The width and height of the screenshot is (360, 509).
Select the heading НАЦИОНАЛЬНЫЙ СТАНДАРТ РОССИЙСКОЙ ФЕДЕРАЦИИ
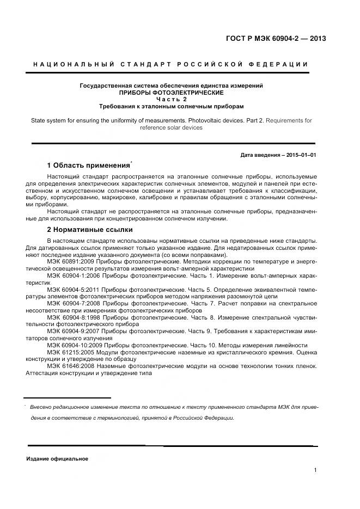170,64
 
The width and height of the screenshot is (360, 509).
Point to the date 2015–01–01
299,155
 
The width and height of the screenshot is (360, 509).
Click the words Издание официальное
57,458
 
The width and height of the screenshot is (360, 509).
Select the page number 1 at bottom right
315,470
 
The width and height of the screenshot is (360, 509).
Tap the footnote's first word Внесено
42,407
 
